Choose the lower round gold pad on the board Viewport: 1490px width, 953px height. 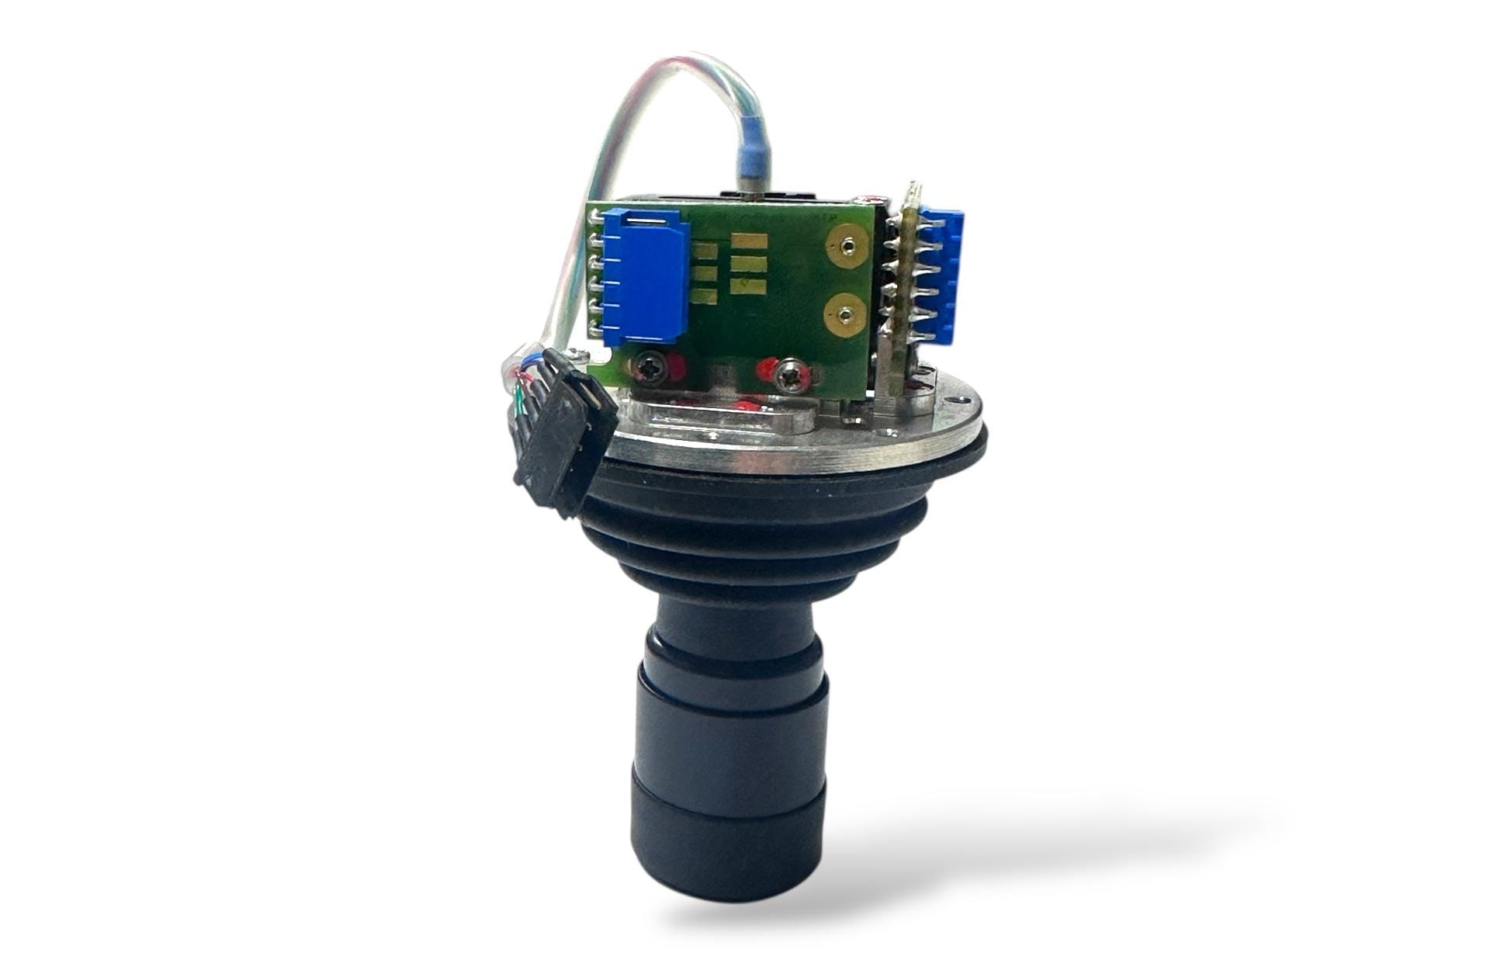pos(844,314)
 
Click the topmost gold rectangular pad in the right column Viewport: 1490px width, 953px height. pos(751,241)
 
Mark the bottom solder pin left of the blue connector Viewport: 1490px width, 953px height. pos(597,332)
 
